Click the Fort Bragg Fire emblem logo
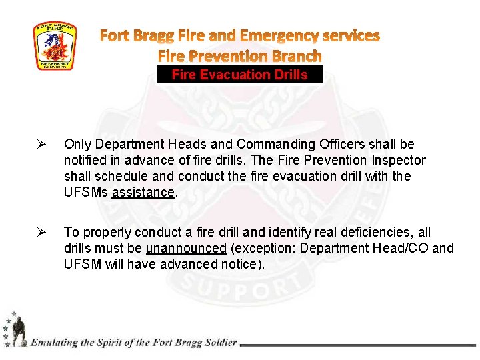55,46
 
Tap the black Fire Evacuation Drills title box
240,75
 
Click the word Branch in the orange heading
291,56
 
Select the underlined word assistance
143,193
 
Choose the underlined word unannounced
187,249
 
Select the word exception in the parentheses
263,249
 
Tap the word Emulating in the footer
53,343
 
